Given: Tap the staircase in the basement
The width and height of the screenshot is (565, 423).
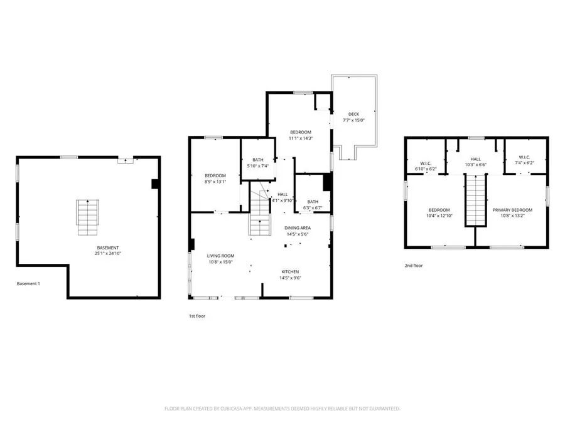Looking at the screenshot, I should click(88, 217).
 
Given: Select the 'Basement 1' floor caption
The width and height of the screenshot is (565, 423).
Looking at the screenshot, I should click(28, 284).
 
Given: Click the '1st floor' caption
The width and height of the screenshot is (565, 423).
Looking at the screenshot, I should click(197, 316).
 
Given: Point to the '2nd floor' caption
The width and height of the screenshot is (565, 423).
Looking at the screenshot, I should click(413, 266).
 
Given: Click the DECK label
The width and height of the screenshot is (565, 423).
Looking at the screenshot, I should click(354, 114).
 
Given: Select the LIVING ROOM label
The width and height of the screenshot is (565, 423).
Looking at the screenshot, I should click(220, 256).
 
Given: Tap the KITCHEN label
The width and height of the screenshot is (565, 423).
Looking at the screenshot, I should click(290, 271).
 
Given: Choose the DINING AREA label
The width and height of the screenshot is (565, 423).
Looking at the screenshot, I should click(297, 228).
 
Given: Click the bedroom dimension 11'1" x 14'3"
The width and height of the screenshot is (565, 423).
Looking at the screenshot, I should click(300, 138).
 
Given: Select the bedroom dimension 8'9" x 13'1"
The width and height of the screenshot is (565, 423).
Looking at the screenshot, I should click(215, 182).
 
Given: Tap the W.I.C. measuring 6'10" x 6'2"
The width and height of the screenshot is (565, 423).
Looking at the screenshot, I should click(424, 165).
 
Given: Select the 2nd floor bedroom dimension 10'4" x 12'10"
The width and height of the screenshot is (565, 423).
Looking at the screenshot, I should click(439, 216).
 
